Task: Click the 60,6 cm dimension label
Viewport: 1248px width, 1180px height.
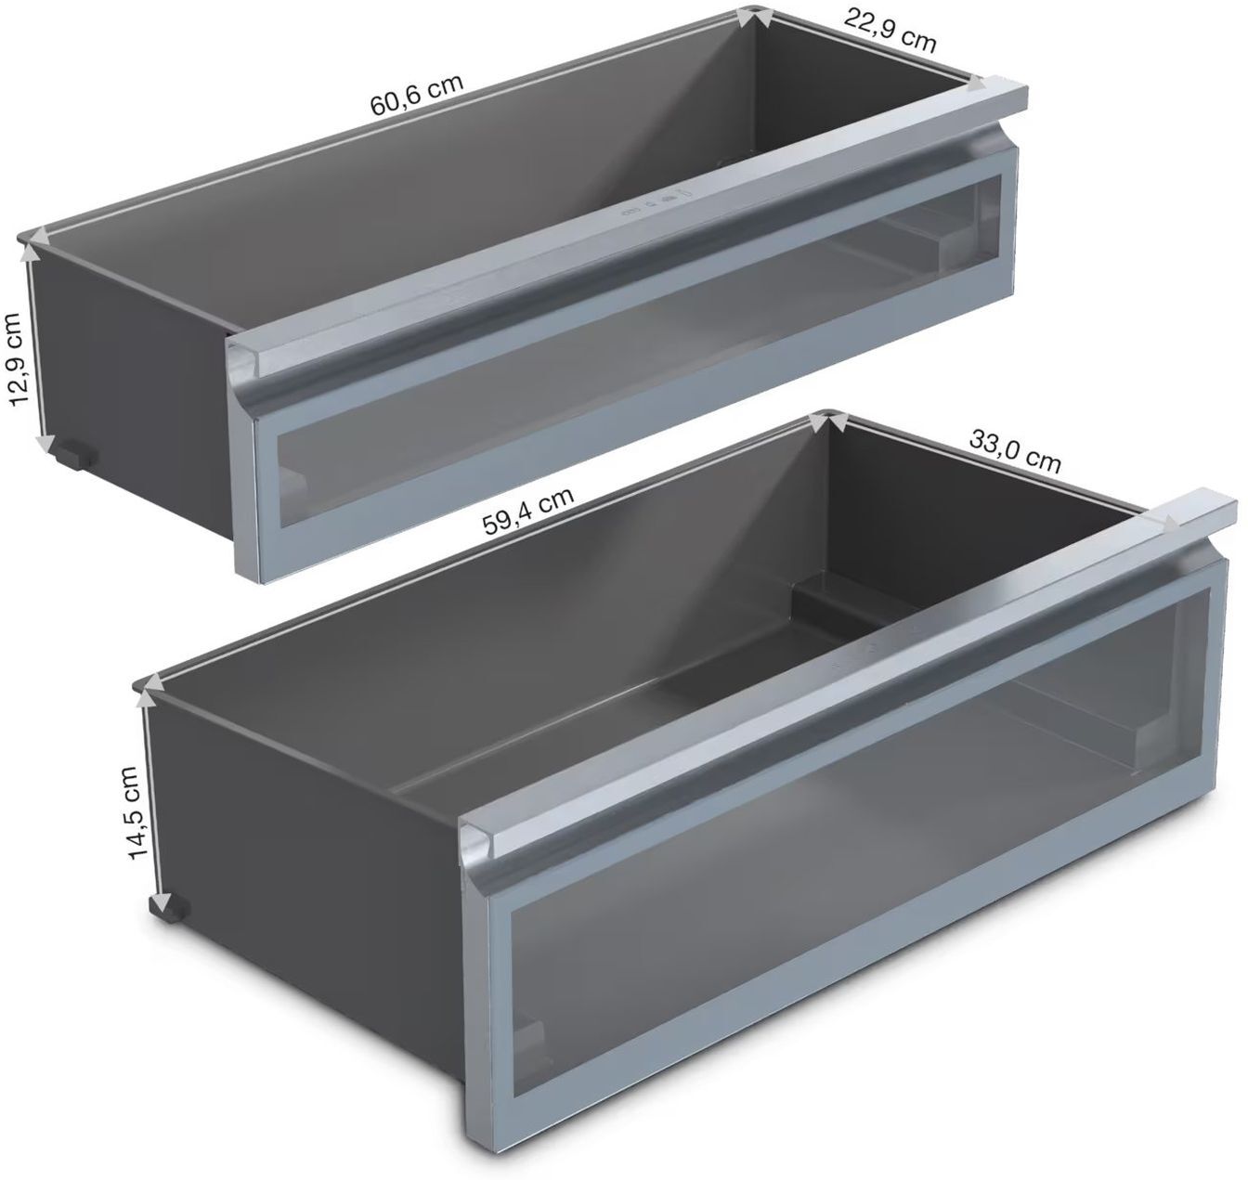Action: point(416,96)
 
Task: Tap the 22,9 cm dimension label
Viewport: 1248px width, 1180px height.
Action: point(890,30)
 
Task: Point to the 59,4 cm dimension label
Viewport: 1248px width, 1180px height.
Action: point(528,511)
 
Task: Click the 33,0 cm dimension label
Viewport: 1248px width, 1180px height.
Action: point(1014,450)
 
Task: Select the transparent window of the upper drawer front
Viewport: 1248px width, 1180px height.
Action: point(639,350)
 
